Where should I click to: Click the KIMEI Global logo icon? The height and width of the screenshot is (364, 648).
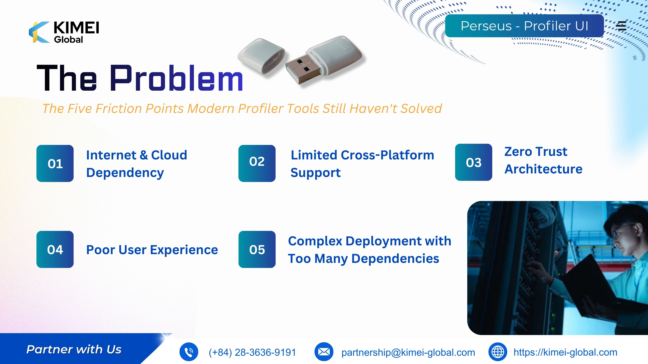pos(39,32)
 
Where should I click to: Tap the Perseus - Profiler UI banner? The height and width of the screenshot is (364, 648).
pos(524,26)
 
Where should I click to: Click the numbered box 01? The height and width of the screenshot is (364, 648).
pos(55,163)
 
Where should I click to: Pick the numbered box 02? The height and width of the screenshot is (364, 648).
pos(257,163)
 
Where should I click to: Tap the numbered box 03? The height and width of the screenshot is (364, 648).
pos(473,162)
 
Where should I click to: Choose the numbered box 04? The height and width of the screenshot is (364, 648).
pos(55,249)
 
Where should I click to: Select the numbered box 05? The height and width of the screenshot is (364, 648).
pos(257,249)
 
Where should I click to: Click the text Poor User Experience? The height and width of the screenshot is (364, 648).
pos(152,250)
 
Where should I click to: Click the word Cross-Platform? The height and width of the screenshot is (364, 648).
pos(387,155)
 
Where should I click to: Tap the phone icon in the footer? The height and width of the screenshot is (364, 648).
pos(189,352)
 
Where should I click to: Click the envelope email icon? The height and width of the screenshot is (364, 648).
pos(324,352)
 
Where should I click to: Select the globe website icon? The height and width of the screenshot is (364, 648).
pos(498,352)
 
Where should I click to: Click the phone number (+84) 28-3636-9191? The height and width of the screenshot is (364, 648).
pos(252,352)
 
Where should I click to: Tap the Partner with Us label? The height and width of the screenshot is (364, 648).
pos(74,350)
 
